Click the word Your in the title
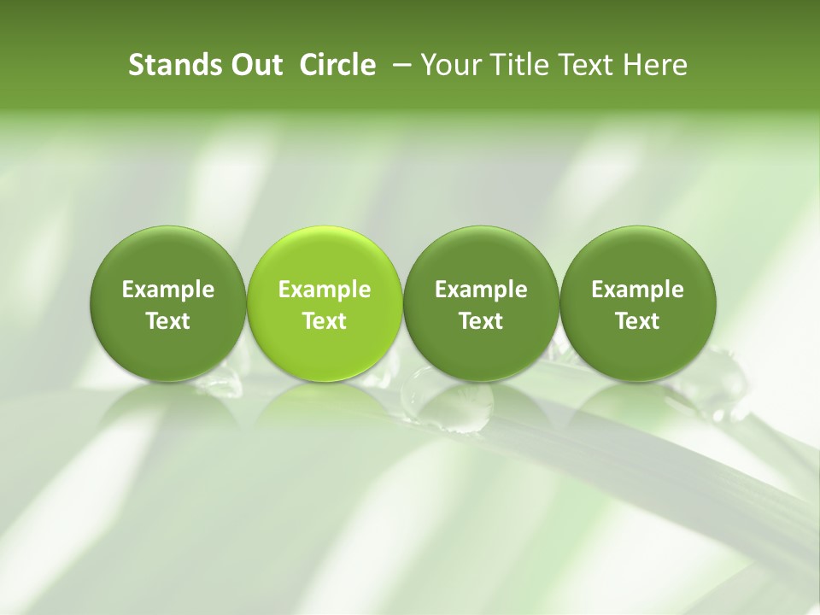click(449, 65)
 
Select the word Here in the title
click(654, 65)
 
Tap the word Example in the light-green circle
click(325, 290)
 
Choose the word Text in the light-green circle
click(325, 321)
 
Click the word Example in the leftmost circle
click(168, 290)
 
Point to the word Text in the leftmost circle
click(168, 321)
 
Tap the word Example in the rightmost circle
click(637, 290)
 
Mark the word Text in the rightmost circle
click(637, 321)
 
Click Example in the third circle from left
click(481, 290)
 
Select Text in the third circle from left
click(481, 321)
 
